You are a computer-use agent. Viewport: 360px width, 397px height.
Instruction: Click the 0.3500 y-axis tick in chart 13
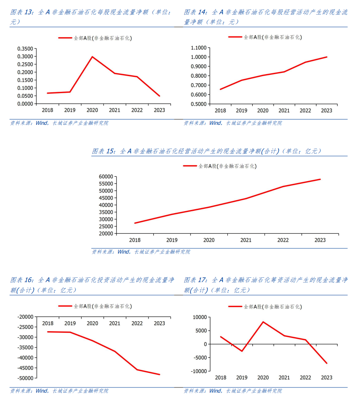pos(25,49)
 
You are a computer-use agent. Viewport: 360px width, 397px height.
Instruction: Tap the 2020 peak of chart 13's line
pos(92,57)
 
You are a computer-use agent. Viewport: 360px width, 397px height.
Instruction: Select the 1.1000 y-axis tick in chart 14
pos(198,48)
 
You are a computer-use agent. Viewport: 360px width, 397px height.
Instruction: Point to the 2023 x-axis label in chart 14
pos(326,111)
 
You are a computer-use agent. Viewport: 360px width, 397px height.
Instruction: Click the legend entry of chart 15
pos(220,166)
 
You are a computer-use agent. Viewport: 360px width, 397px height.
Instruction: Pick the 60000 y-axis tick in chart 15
pos(105,177)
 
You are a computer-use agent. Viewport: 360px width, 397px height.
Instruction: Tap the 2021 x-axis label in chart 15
pos(246,240)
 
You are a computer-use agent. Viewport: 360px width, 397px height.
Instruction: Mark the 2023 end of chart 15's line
pos(320,179)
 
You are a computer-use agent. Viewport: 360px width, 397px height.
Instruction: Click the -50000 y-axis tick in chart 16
pos(25,378)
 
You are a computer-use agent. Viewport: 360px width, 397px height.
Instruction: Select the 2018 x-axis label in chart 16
pos(48,324)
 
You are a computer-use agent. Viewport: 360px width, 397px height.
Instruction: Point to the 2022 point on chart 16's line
pos(137,370)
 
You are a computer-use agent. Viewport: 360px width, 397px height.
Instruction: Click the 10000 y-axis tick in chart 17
pos(200,317)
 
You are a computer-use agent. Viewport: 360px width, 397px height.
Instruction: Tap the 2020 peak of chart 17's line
pos(263,322)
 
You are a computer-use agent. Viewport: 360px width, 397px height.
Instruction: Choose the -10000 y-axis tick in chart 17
pos(199,371)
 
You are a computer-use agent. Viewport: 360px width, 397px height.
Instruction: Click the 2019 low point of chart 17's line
pos(242,351)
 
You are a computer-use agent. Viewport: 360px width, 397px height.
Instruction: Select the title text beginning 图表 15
pos(206,151)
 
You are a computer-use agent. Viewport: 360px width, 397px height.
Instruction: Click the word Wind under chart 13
pos(41,123)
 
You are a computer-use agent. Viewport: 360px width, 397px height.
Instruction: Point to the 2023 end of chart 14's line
pos(327,57)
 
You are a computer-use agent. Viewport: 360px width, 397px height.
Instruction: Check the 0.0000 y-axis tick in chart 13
pos(25,104)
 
